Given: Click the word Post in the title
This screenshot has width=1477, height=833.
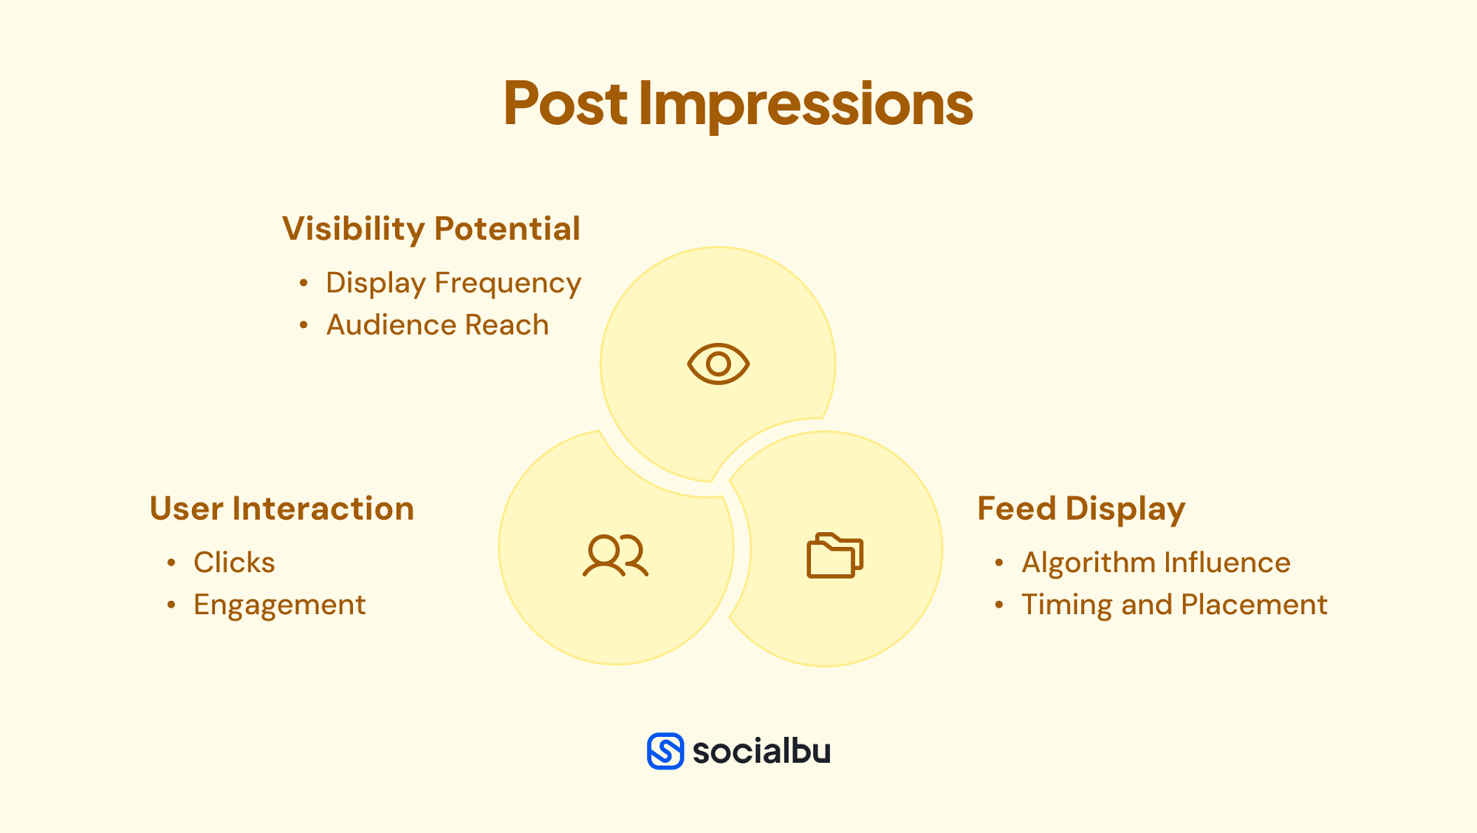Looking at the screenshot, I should (x=565, y=103).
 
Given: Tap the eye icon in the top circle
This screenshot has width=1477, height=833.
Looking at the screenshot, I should (x=718, y=364).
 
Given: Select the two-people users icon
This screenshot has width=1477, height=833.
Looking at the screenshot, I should (x=615, y=555).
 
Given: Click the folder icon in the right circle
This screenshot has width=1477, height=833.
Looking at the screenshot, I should (x=835, y=555).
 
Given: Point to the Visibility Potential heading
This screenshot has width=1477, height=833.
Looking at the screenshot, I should (x=431, y=229).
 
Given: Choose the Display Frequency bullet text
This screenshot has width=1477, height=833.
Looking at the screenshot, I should (x=453, y=283).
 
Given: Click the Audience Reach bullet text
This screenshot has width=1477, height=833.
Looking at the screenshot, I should (x=437, y=325).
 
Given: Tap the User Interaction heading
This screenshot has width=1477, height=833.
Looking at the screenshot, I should (x=281, y=509).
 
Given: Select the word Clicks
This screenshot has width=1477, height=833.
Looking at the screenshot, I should (x=234, y=562).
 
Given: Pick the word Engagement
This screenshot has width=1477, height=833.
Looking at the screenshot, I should (x=279, y=605).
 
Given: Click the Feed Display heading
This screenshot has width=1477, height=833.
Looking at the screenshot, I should (x=1080, y=509).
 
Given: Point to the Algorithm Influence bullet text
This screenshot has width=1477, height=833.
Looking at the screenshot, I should (x=1156, y=562).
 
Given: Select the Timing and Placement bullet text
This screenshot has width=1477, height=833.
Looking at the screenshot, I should (x=1174, y=605).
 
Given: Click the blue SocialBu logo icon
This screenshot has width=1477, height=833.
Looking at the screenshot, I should (x=665, y=751).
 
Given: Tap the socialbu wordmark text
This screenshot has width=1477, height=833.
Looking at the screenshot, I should (x=761, y=751).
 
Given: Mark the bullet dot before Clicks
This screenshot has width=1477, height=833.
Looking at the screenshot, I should (x=171, y=563).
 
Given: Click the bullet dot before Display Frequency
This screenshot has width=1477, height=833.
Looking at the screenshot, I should (x=304, y=283).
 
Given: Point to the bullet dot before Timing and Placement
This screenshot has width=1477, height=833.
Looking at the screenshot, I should (x=999, y=605).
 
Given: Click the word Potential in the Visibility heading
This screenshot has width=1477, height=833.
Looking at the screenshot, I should (x=507, y=229).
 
